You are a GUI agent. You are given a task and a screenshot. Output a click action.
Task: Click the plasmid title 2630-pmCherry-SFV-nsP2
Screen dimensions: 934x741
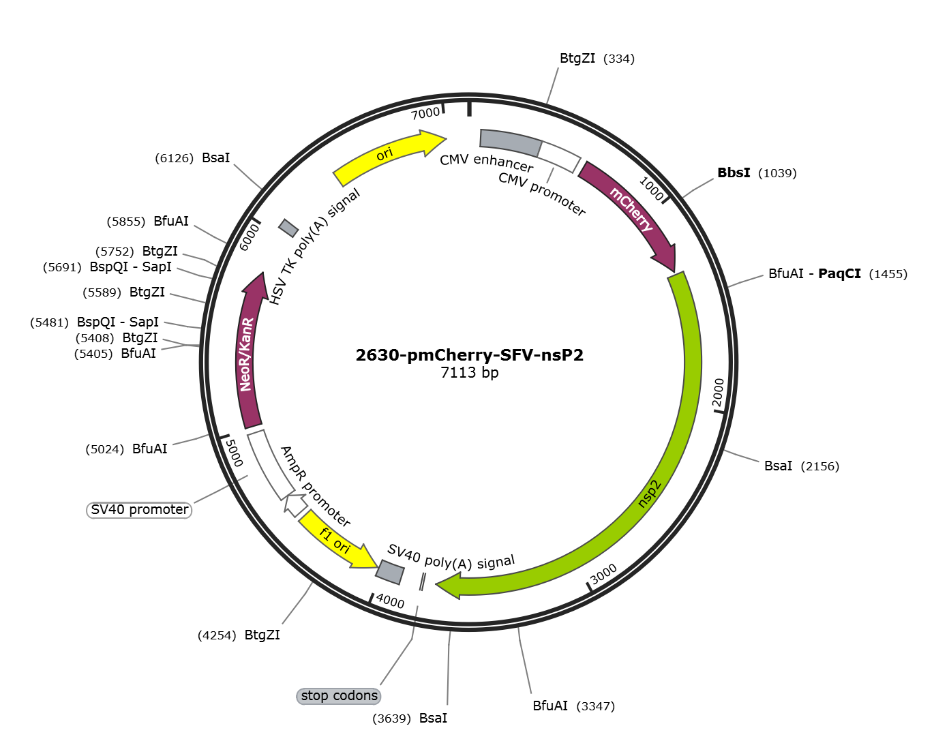tap(469, 354)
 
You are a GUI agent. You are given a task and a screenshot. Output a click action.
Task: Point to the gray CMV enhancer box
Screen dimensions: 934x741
tap(511, 142)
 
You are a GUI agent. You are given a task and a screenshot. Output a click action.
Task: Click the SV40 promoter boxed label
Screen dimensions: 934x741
tap(139, 509)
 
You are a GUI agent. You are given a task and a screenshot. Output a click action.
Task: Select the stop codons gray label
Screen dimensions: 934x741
tap(339, 695)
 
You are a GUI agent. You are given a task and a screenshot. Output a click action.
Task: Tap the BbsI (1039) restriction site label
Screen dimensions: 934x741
tap(757, 172)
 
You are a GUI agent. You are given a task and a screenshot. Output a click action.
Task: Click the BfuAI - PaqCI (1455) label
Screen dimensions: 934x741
tap(838, 274)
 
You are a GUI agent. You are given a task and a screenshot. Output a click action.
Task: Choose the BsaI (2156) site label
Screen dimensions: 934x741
tap(802, 466)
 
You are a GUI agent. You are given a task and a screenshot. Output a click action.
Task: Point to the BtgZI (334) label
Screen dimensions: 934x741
tap(597, 58)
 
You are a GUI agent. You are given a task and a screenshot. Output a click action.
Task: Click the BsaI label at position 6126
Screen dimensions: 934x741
tap(192, 157)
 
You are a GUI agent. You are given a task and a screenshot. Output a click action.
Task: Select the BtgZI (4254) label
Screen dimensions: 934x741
tap(239, 635)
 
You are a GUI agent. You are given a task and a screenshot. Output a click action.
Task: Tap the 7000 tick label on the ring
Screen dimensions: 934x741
tap(426, 113)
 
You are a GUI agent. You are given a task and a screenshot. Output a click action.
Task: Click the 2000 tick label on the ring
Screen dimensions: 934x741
tap(719, 393)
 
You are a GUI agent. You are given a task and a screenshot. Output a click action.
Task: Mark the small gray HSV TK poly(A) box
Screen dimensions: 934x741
tap(288, 228)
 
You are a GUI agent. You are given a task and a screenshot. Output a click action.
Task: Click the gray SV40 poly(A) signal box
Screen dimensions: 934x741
tap(390, 572)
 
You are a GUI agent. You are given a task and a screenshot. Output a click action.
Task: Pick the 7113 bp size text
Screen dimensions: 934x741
tap(470, 372)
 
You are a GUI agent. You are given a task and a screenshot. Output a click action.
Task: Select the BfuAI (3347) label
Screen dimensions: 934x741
tap(574, 706)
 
